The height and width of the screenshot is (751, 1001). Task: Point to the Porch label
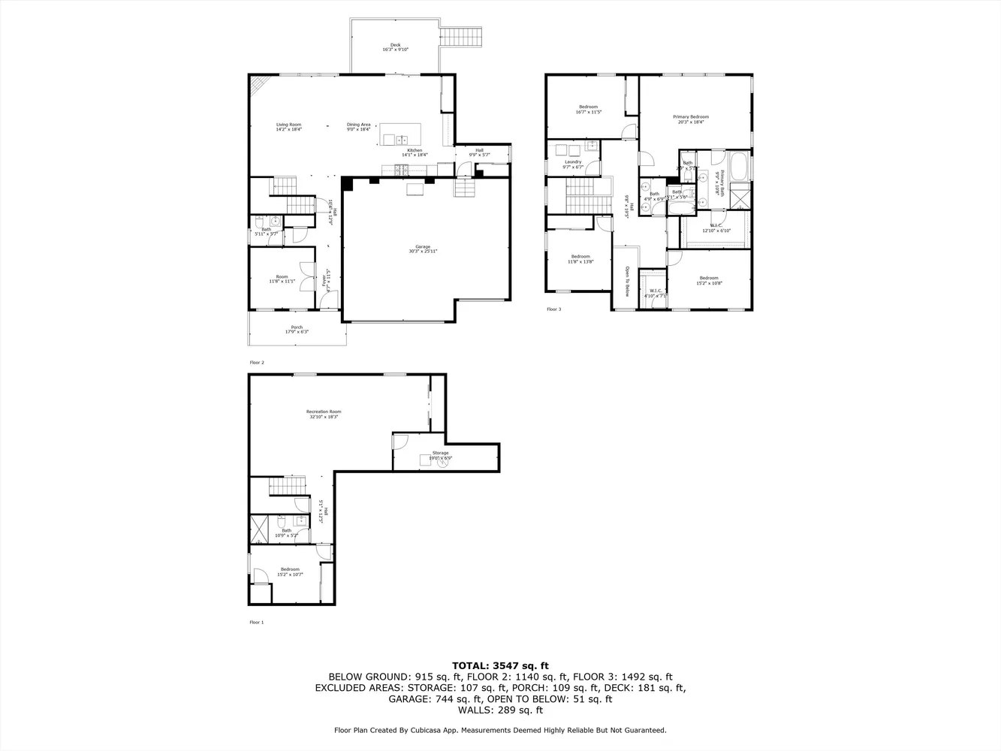click(x=297, y=329)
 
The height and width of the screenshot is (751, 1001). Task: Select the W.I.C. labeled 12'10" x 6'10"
click(x=716, y=228)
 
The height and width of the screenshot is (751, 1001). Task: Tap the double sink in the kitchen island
click(x=402, y=139)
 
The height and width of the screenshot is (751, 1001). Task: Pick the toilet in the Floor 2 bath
click(x=258, y=222)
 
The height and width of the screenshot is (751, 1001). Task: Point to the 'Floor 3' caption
click(x=553, y=309)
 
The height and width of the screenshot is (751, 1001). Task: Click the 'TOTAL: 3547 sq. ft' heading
click(x=500, y=665)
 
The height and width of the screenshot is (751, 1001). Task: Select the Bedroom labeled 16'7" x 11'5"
click(x=588, y=109)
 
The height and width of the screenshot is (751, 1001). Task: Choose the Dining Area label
click(x=358, y=127)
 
